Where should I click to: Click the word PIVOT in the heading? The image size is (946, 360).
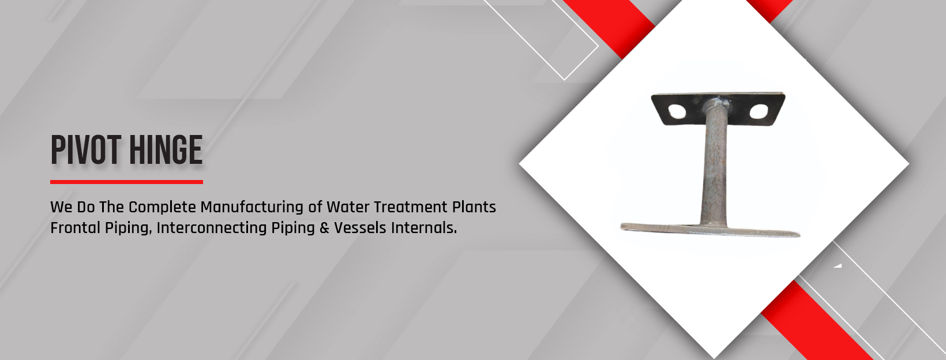(86, 150)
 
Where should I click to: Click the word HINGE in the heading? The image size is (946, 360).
(166, 150)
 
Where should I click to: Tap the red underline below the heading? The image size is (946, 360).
(127, 182)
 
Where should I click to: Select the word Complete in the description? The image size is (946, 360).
(162, 208)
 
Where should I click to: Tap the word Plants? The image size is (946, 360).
(474, 207)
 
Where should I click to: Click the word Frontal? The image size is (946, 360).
(76, 228)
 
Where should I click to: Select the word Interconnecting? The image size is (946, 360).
(212, 228)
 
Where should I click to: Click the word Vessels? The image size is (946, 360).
(361, 228)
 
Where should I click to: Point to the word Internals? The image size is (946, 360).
(424, 228)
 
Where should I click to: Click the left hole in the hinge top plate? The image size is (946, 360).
(677, 111)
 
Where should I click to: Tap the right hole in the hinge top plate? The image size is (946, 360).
(759, 111)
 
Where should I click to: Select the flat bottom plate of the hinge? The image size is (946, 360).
(710, 230)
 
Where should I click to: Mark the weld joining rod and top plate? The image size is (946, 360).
(715, 103)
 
